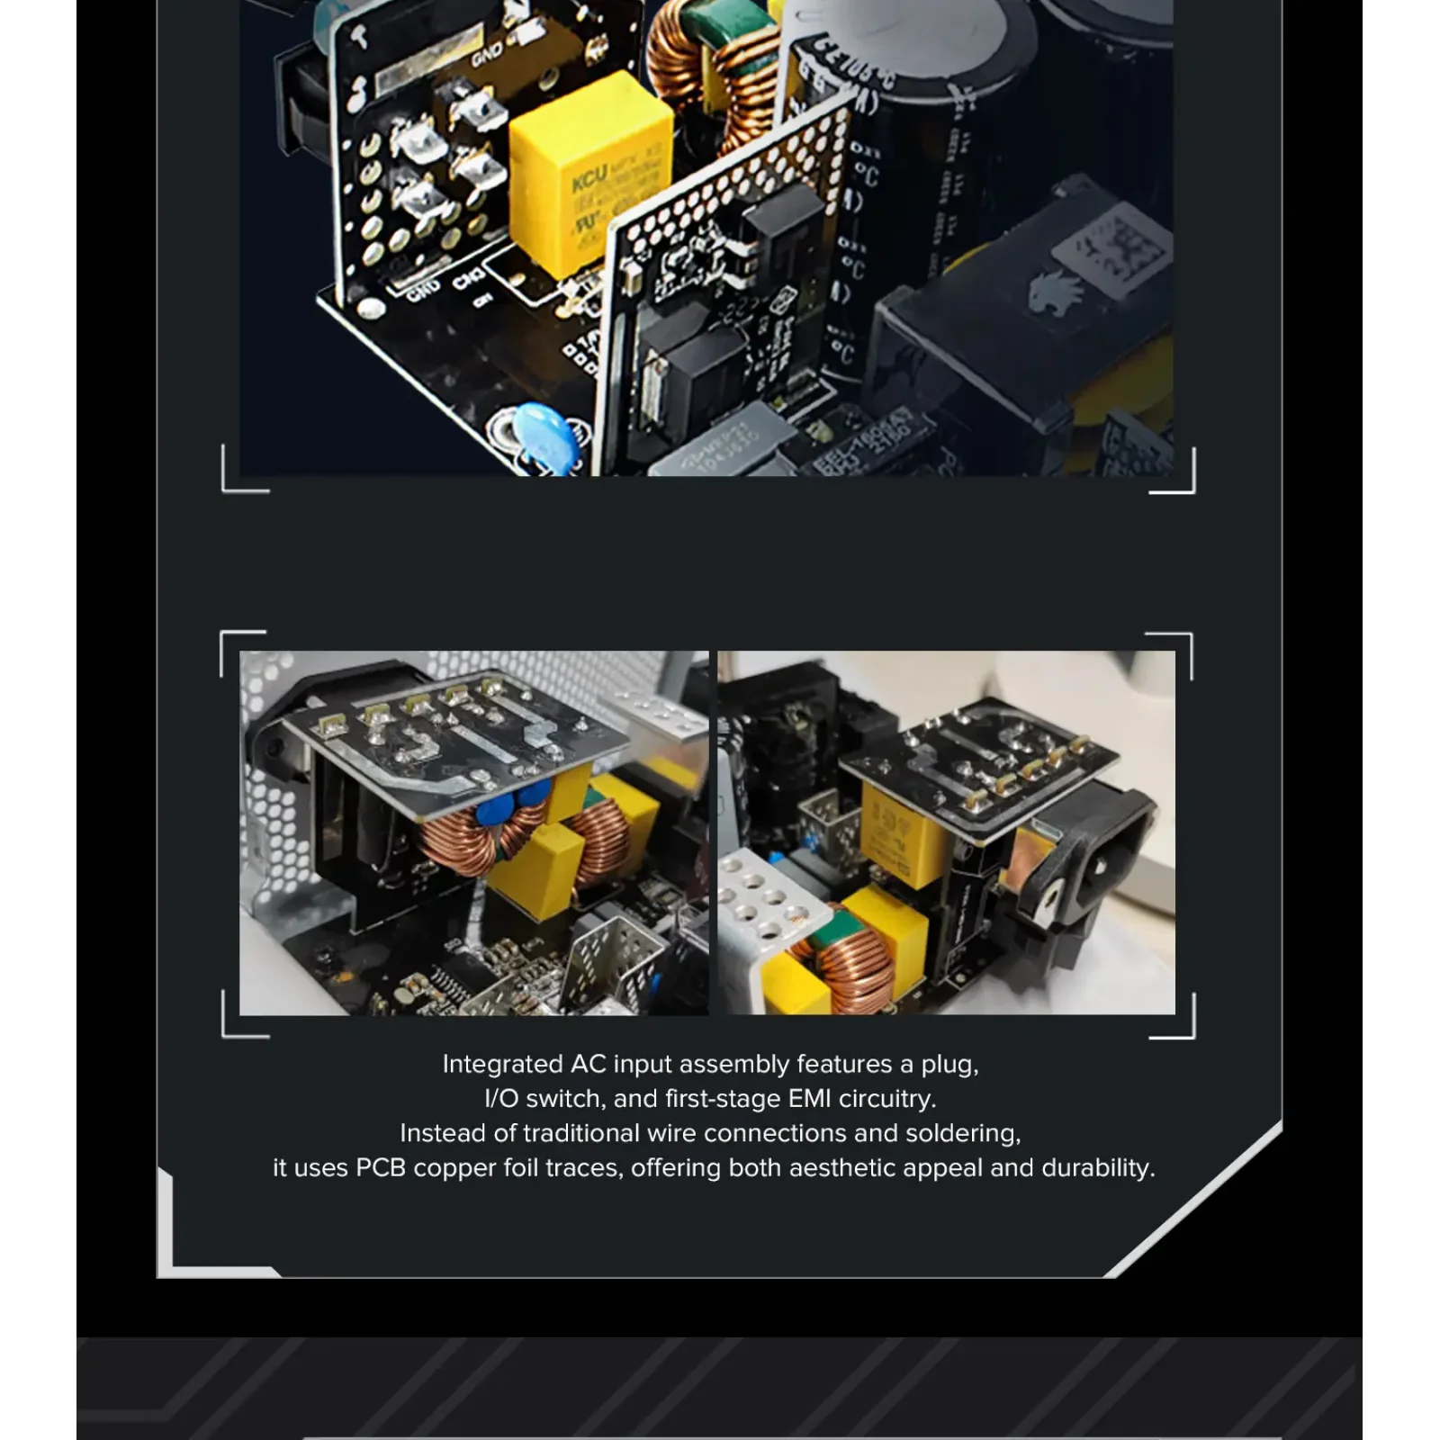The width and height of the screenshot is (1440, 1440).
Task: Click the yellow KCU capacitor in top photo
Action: point(589,175)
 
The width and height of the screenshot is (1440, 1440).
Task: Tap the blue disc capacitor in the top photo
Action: point(544,436)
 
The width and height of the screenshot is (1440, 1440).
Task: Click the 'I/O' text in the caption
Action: point(500,1099)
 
